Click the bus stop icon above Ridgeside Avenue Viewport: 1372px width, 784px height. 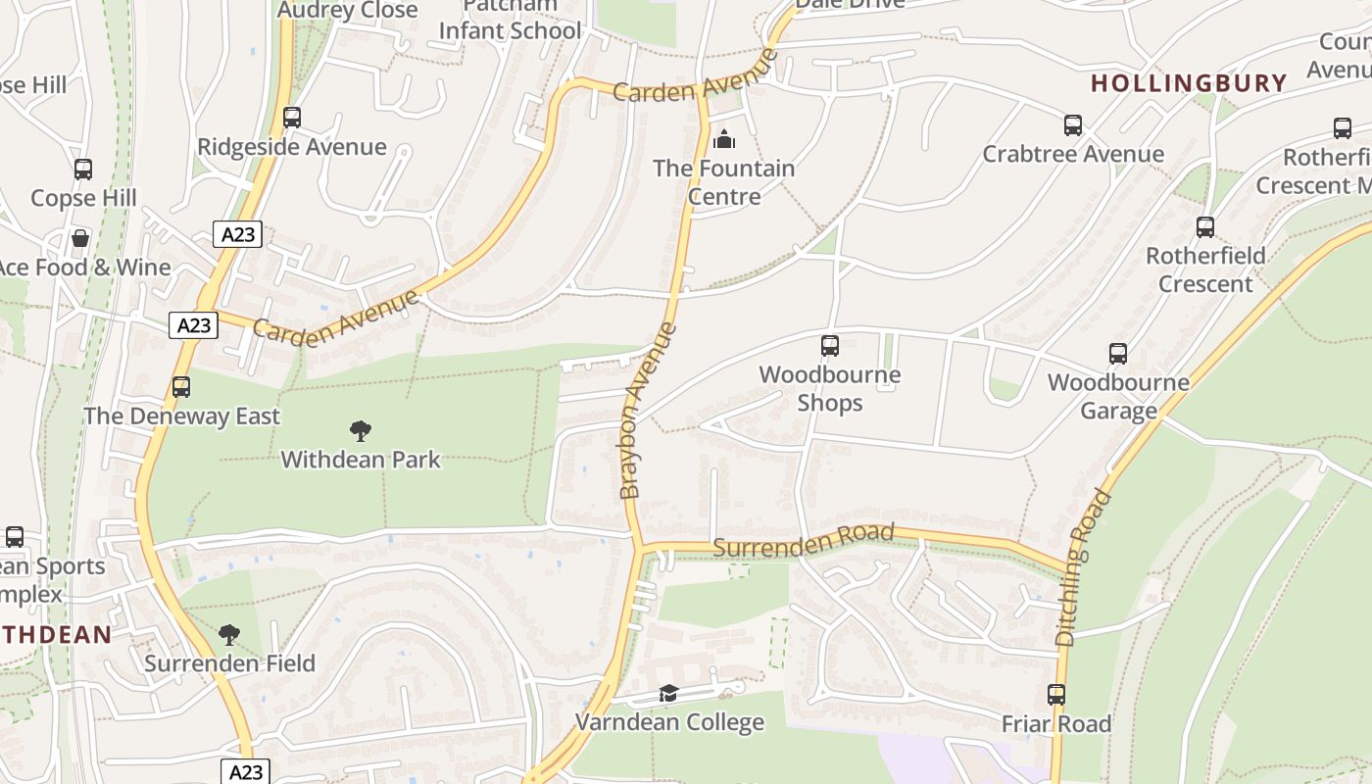click(x=291, y=118)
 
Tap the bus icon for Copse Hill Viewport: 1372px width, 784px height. click(x=83, y=170)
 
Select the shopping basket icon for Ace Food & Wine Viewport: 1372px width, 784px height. click(x=80, y=238)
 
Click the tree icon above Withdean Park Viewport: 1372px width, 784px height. click(x=361, y=430)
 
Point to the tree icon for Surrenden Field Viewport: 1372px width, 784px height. click(x=229, y=635)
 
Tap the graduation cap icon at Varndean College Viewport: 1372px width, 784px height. click(x=668, y=694)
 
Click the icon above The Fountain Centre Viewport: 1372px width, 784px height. click(x=724, y=139)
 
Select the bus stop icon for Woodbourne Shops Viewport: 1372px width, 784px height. click(x=829, y=345)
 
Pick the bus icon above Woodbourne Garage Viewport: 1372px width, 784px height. click(x=1118, y=354)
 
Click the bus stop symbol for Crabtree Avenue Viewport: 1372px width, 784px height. click(x=1073, y=125)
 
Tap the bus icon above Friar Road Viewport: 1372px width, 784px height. click(x=1055, y=695)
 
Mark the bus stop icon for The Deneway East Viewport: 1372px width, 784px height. click(x=181, y=387)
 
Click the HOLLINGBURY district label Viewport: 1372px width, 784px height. click(x=1189, y=83)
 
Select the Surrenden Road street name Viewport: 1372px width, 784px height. click(x=804, y=540)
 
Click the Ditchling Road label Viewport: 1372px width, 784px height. click(x=1085, y=567)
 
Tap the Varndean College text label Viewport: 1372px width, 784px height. click(x=669, y=723)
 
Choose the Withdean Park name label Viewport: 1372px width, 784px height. click(x=361, y=460)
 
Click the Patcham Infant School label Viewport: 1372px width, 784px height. click(x=510, y=20)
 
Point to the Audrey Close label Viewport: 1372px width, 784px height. click(x=348, y=10)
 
